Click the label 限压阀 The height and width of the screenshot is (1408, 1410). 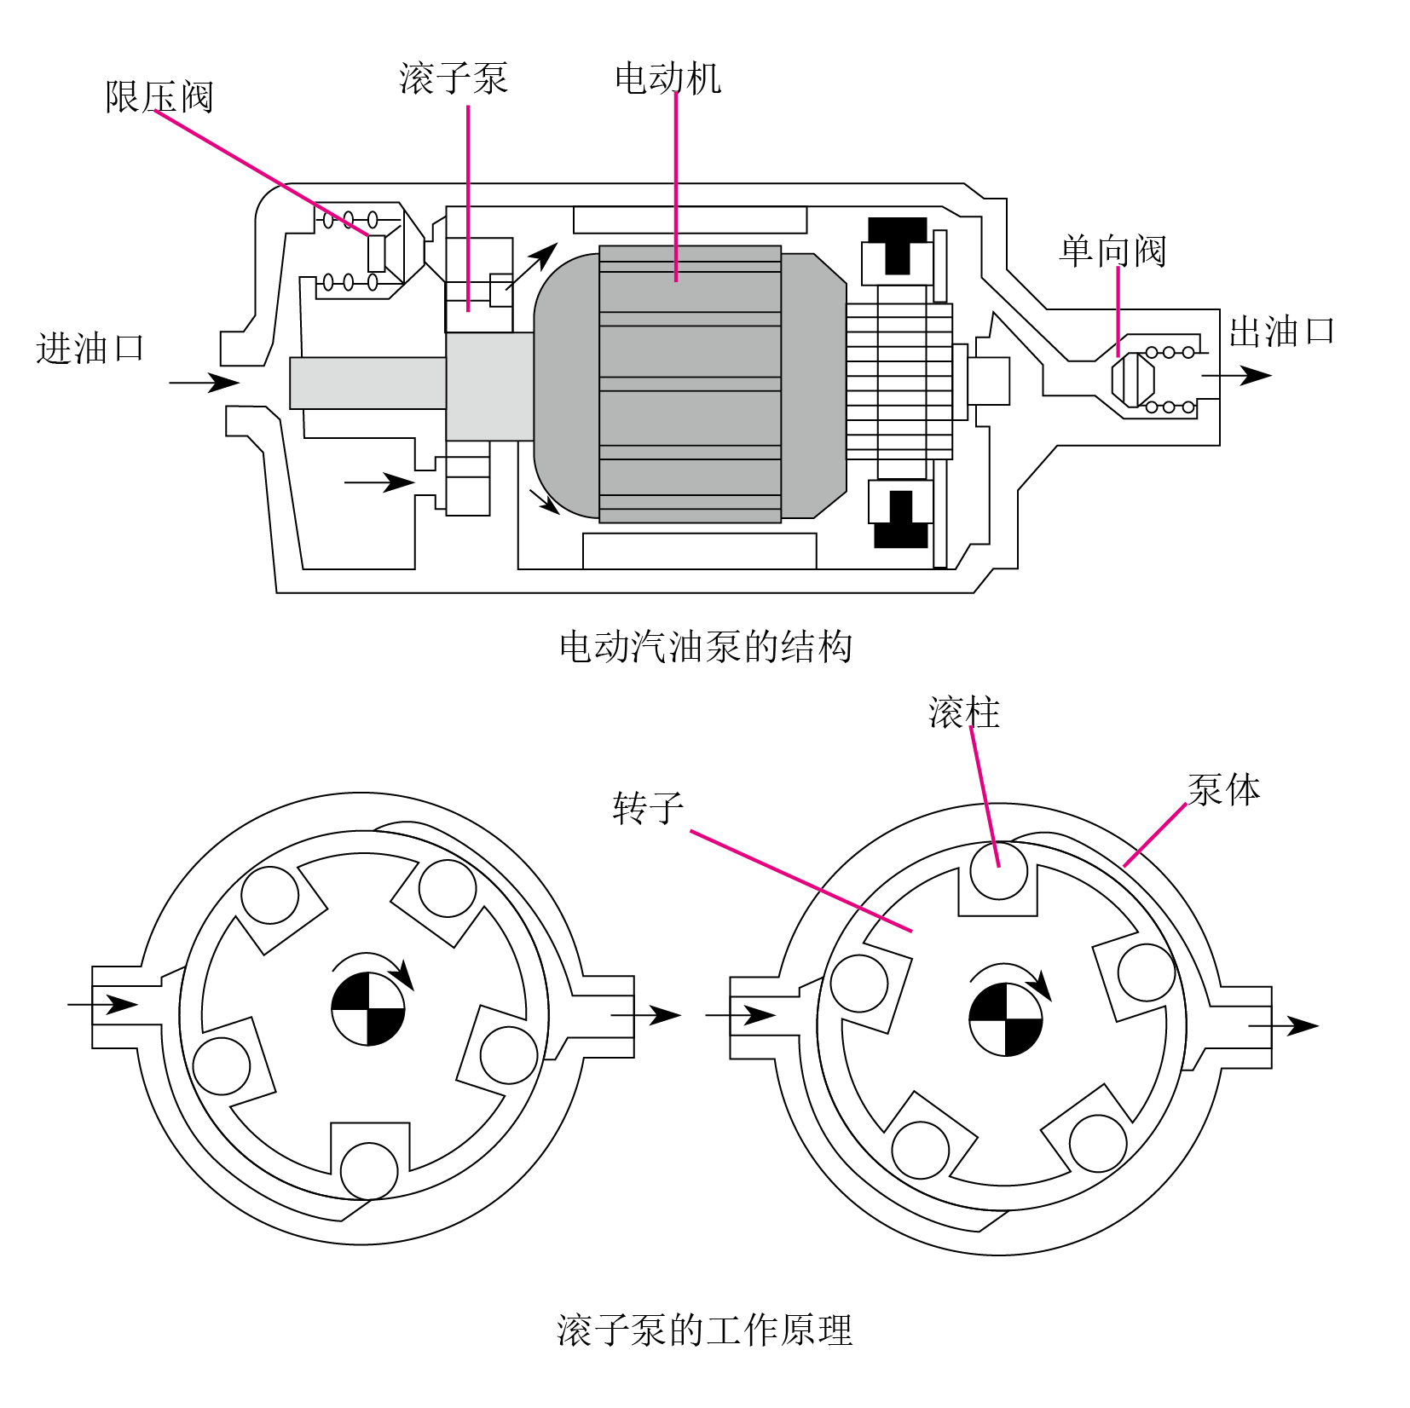(159, 96)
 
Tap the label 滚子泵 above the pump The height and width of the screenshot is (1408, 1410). (454, 78)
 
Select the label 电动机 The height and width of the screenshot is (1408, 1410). (667, 78)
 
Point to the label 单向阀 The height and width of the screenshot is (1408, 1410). (1112, 251)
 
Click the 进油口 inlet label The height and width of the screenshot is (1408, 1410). (90, 349)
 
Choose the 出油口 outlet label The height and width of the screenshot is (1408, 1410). (1280, 332)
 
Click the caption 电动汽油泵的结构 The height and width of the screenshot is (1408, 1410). (706, 646)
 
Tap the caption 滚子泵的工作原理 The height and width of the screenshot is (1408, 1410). (705, 1330)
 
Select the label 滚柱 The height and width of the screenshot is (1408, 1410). (963, 713)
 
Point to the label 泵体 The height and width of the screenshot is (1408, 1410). (1223, 789)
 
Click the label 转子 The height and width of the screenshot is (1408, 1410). (648, 807)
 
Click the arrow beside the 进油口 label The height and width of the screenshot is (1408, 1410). (205, 382)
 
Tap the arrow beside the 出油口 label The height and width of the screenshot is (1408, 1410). (1237, 375)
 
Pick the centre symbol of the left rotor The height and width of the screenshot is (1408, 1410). (368, 1009)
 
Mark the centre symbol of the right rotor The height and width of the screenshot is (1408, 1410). (1006, 1019)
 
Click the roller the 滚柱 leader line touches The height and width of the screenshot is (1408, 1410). (998, 870)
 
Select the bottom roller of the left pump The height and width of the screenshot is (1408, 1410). (369, 1171)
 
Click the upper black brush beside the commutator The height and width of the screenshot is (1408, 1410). (898, 245)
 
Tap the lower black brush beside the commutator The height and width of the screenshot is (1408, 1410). (900, 519)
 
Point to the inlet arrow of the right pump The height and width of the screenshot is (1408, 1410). (741, 1015)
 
